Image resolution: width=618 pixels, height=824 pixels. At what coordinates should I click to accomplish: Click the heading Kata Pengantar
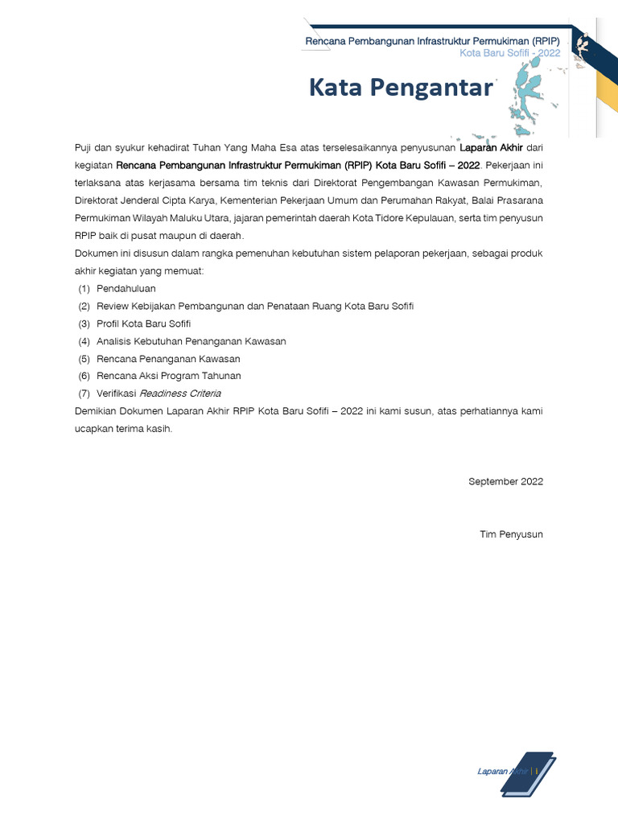400,88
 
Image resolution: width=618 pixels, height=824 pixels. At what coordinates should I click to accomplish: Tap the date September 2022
505,481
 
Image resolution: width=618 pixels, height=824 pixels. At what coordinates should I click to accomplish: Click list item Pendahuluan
126,288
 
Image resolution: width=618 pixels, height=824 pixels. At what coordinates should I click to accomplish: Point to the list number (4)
84,341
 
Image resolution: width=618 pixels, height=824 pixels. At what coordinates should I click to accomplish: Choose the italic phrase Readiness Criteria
180,393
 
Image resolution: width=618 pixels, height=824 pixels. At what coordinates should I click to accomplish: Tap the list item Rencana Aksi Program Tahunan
168,376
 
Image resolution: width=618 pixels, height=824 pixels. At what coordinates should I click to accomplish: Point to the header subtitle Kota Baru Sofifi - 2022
509,53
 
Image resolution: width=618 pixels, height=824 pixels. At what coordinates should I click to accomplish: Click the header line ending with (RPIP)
432,41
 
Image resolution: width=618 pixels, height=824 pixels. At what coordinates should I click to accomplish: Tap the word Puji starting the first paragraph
83,148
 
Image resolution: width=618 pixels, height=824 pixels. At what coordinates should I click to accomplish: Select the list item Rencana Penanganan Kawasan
168,359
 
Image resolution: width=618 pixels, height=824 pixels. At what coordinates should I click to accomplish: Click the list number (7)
84,393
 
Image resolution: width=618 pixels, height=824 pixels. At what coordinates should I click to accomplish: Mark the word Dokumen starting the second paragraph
93,253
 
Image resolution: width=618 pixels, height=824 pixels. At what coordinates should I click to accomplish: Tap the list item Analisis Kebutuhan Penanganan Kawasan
191,341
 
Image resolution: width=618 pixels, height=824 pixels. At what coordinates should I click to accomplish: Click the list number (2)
84,306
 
